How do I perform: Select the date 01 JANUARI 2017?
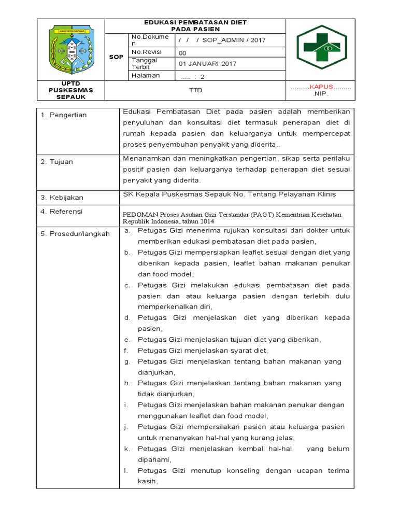[x=207, y=64]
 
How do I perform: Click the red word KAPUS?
[x=321, y=87]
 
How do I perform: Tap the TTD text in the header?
[x=195, y=90]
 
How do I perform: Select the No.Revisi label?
[x=147, y=52]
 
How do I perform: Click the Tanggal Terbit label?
[x=145, y=64]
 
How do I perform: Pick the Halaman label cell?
[x=146, y=76]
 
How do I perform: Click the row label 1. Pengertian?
[x=64, y=115]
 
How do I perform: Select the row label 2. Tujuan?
[x=57, y=162]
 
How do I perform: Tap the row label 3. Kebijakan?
[x=62, y=198]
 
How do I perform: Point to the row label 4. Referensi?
[x=62, y=212]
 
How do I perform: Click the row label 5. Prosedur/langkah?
[x=75, y=234]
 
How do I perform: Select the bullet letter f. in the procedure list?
[x=126, y=350]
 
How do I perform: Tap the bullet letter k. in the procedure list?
[x=126, y=449]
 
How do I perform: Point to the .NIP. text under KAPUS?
[x=321, y=95]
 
